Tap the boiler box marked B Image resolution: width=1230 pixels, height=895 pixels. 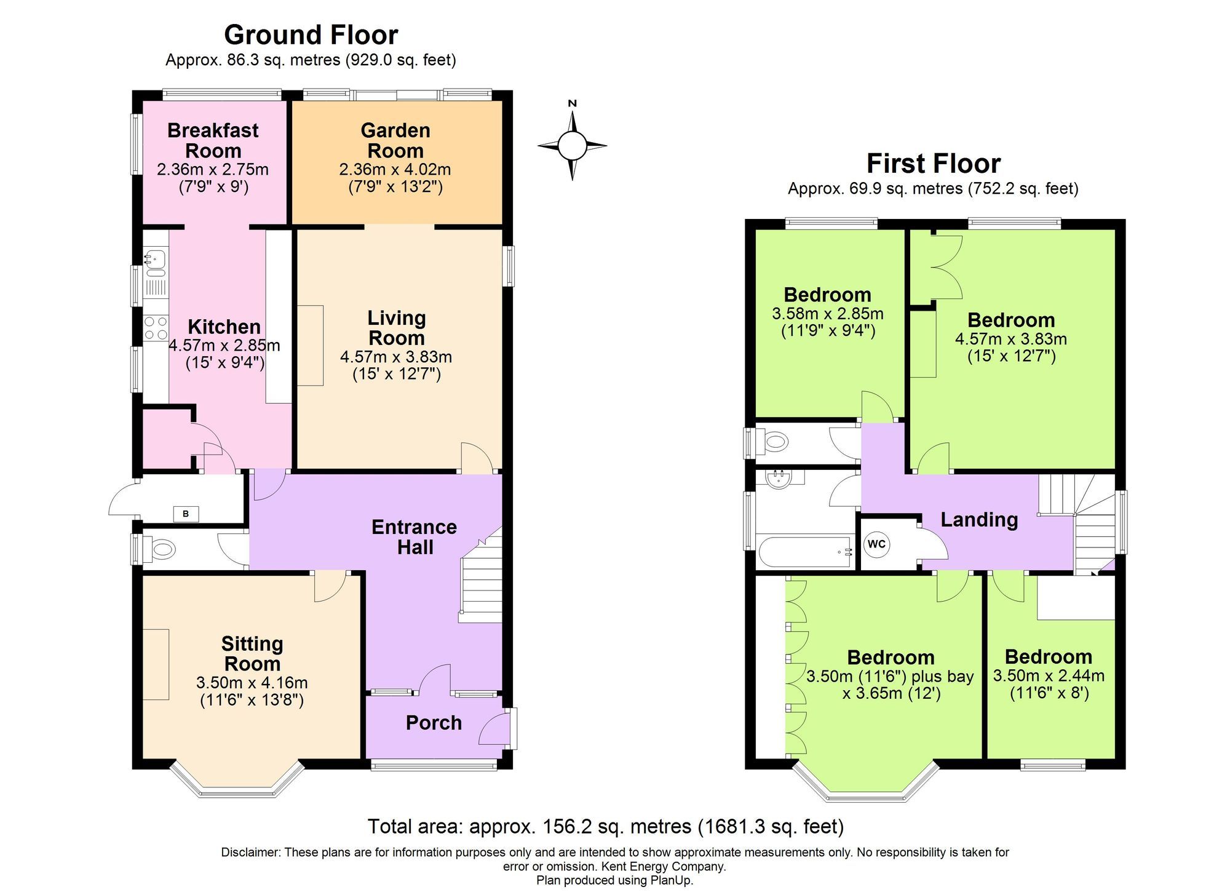[186, 514]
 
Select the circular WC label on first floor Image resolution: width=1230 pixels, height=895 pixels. [876, 544]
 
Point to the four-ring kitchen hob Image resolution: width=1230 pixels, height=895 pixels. [155, 328]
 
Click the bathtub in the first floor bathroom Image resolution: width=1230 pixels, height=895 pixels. [805, 552]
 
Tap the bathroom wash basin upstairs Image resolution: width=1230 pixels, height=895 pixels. [780, 479]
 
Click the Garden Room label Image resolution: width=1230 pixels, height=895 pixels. [395, 140]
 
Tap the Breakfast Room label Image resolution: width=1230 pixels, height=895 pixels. [213, 140]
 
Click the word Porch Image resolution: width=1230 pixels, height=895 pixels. [434, 723]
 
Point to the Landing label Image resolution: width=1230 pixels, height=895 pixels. [979, 520]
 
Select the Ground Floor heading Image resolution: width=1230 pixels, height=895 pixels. [311, 35]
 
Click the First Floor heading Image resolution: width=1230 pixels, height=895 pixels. [933, 164]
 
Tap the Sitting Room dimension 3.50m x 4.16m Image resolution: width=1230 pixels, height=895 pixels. [252, 682]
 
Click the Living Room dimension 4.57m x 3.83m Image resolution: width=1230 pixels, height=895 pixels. [396, 357]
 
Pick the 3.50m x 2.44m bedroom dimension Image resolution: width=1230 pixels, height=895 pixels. [1049, 675]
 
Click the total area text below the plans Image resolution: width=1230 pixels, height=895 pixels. [606, 826]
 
